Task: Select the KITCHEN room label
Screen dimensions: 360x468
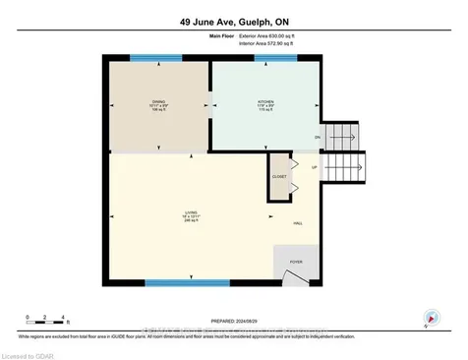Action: pyautogui.click(x=264, y=101)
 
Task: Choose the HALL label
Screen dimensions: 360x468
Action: pyautogui.click(x=298, y=223)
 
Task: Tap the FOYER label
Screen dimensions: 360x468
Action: pyautogui.click(x=297, y=262)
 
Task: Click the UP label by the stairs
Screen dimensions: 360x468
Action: pyautogui.click(x=315, y=167)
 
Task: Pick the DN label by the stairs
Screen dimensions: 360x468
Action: pyautogui.click(x=317, y=137)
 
